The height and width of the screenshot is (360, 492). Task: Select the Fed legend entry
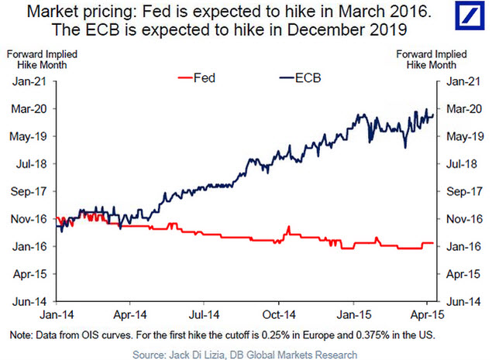click(x=200, y=78)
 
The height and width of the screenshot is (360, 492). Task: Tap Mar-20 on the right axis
click(x=460, y=108)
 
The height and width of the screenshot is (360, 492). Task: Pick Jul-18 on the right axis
click(x=460, y=163)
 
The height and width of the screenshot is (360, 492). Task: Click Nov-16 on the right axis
click(x=460, y=218)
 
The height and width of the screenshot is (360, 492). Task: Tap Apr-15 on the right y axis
click(x=460, y=273)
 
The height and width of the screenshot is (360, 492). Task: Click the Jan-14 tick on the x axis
click(x=59, y=316)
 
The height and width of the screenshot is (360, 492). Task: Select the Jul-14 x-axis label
click(x=202, y=316)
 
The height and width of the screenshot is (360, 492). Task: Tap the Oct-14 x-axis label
click(x=278, y=316)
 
